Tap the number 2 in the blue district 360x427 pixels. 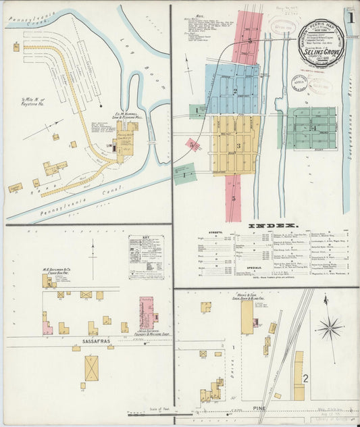[235, 91]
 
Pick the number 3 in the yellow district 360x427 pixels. [238, 145]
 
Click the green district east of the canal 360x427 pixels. [311, 127]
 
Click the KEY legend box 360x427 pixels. [145, 257]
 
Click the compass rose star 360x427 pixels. [330, 328]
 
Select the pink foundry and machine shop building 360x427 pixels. [146, 313]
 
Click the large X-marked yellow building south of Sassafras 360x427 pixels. [91, 368]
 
